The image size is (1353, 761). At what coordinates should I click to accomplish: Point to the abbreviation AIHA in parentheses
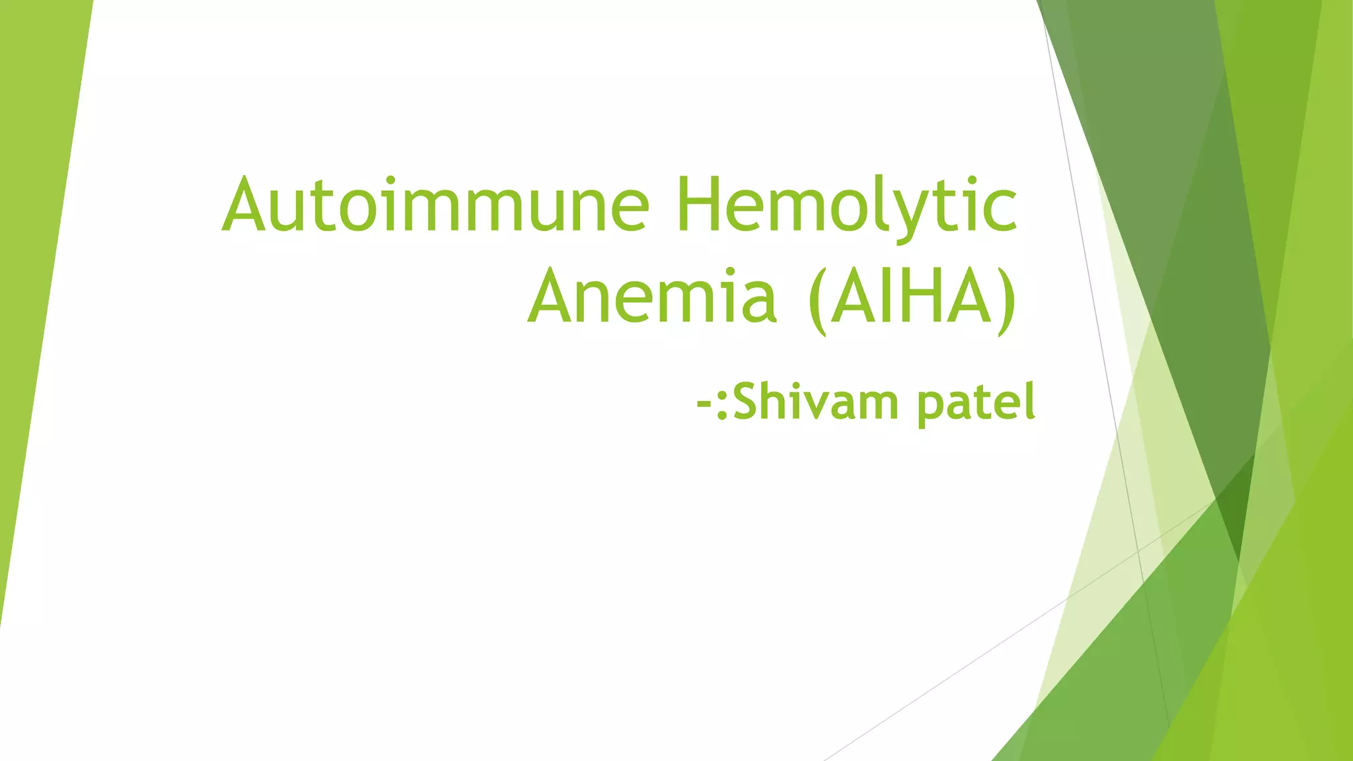point(912,297)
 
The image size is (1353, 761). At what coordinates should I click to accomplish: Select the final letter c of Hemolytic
point(1002,211)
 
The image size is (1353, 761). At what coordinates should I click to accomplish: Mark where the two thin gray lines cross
point(1138,550)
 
